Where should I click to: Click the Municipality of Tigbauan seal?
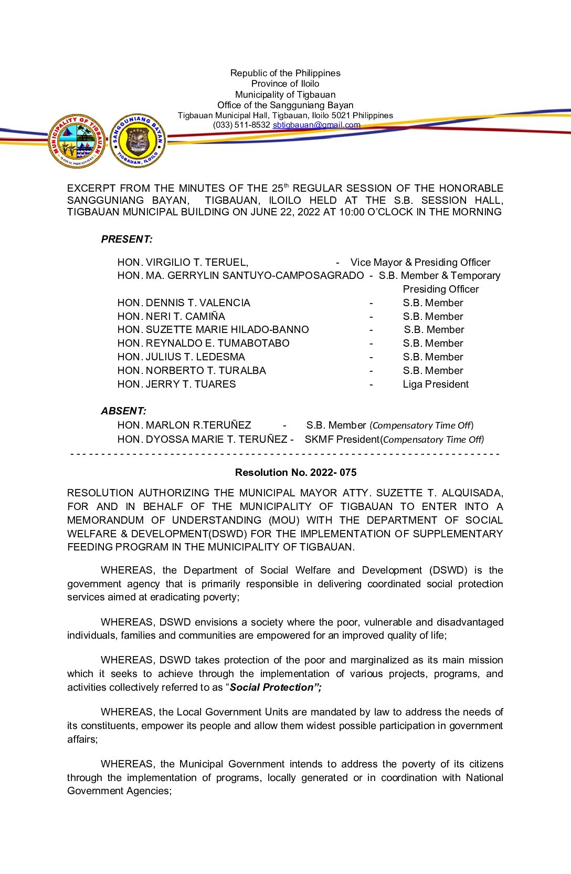coord(77,141)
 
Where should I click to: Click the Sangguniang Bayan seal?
coord(138,141)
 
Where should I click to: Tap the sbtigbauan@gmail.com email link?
coord(316,125)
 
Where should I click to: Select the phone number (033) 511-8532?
coord(241,125)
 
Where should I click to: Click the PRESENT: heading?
coord(127,240)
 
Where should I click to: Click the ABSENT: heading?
coord(124,411)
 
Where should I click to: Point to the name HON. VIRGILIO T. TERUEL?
coord(183,263)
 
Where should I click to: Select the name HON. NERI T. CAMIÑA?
coord(171,317)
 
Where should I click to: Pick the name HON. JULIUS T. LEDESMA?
coord(181,357)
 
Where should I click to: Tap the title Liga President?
coord(436,384)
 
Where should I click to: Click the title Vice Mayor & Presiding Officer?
coord(420,263)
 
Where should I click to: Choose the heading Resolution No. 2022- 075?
coord(295,473)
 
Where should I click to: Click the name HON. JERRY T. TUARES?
coord(176,384)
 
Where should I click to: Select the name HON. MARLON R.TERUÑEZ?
coord(184,425)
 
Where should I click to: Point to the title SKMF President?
coord(342,440)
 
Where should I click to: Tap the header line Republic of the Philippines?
coord(285,73)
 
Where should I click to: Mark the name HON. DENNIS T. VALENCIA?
coord(184,303)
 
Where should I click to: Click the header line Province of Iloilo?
coord(285,84)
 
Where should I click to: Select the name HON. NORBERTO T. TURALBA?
coord(192,371)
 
